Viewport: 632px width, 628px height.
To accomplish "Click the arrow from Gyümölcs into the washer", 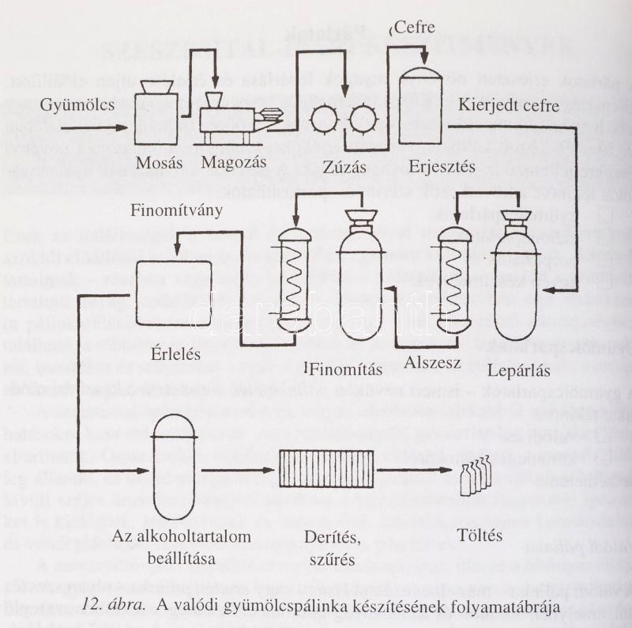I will (92, 127).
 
